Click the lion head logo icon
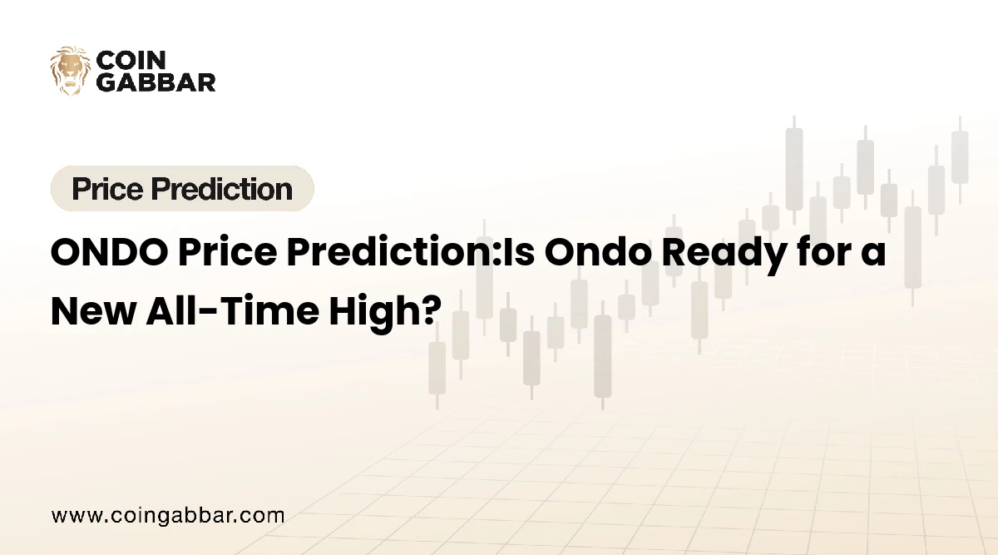click(x=70, y=70)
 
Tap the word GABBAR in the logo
click(x=156, y=82)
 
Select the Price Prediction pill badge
click(x=182, y=189)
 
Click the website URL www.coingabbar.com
click(x=168, y=515)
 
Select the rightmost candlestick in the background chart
click(x=960, y=158)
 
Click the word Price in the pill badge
click(x=103, y=190)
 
